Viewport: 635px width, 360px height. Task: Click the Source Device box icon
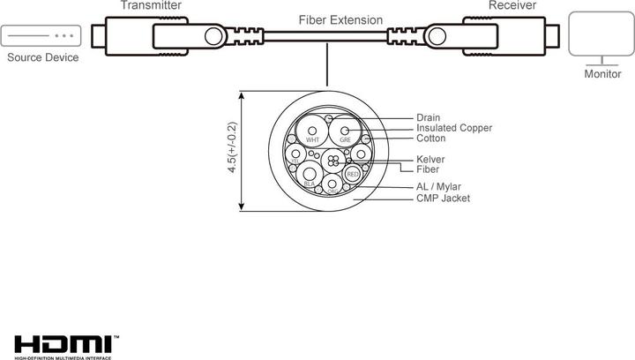(41, 36)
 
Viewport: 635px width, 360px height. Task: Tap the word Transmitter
(152, 5)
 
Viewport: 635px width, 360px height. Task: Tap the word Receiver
(513, 5)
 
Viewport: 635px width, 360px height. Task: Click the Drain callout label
(429, 117)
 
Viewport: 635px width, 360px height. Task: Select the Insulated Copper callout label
(453, 128)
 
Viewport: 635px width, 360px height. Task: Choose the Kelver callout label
(430, 159)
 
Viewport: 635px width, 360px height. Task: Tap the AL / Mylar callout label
(438, 187)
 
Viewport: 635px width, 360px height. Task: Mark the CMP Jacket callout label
(443, 199)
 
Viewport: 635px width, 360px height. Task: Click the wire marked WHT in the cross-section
(312, 135)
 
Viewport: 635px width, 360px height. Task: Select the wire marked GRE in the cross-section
(345, 135)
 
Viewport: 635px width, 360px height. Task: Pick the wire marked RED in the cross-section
(353, 175)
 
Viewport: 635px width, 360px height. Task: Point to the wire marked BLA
(310, 176)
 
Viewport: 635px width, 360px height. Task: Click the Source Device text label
(42, 58)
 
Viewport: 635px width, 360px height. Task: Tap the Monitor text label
(602, 74)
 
